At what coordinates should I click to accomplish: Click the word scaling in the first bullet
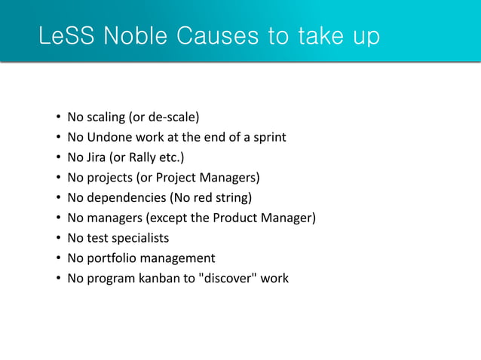[x=106, y=117]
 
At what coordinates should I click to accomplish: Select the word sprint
[x=268, y=138]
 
